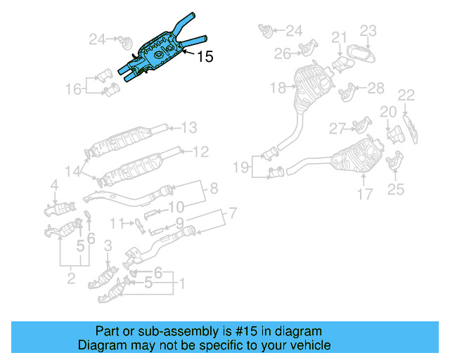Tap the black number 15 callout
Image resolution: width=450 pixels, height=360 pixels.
tap(205, 57)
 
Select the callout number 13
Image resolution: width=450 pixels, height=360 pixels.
tap(190, 127)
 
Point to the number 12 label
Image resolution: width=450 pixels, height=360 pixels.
tap(200, 150)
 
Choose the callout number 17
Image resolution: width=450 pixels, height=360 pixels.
tap(364, 193)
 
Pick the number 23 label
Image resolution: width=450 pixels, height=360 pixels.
tap(369, 30)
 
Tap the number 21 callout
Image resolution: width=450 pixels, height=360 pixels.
tap(340, 37)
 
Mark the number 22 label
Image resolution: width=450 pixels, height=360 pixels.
tap(406, 95)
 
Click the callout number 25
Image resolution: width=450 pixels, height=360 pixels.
tap(396, 188)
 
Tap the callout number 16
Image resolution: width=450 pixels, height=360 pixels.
tap(74, 89)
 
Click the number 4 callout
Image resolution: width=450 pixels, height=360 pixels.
tap(54, 185)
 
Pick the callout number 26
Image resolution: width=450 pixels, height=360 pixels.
tap(282, 53)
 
